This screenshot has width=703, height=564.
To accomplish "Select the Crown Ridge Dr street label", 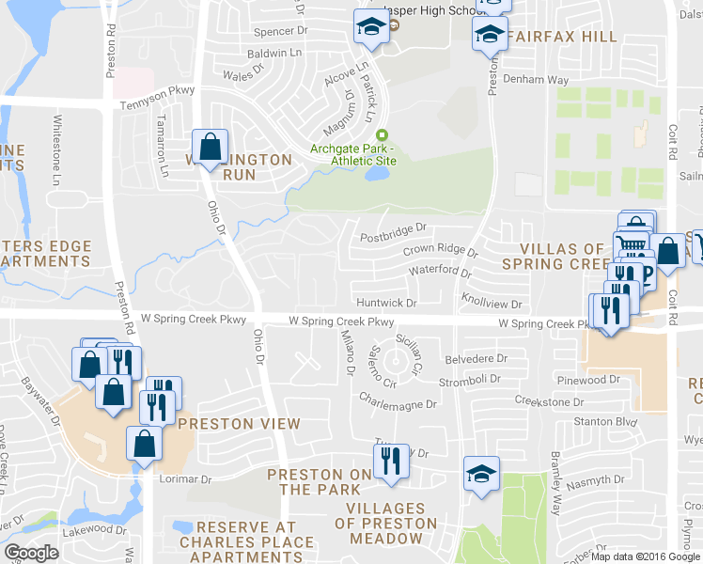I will [440, 251].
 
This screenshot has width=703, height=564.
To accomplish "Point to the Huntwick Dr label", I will [386, 303].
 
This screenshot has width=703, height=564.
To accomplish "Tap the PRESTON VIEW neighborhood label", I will [239, 424].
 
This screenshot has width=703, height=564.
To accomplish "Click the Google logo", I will [31, 553].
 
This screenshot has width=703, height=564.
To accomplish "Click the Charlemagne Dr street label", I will [398, 405].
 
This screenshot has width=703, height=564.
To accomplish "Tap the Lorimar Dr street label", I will [186, 479].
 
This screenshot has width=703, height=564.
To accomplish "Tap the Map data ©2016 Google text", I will [646, 556].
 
